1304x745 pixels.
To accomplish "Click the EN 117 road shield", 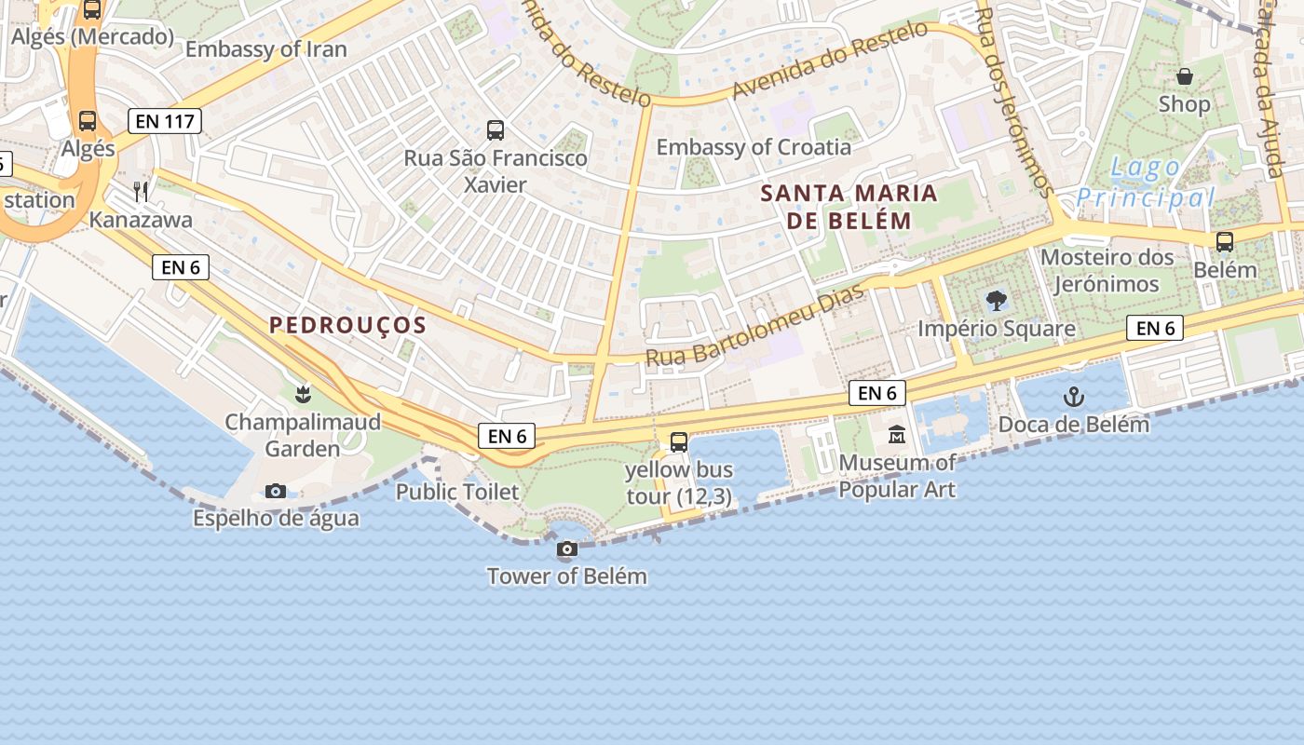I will pyautogui.click(x=165, y=121).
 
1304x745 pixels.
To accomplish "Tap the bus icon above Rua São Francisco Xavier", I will pyautogui.click(x=496, y=130).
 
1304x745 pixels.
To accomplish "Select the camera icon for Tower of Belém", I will pyautogui.click(x=566, y=549).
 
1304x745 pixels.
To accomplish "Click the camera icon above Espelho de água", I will pyautogui.click(x=276, y=491).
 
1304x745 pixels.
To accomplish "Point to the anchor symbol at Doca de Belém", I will pyautogui.click(x=1074, y=398).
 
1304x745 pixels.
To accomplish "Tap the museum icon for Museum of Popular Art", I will pyautogui.click(x=897, y=435).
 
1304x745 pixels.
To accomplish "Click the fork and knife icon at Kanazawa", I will pyautogui.click(x=141, y=192).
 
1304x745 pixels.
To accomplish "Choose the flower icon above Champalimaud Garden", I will pyautogui.click(x=302, y=395).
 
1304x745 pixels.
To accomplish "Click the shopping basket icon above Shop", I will pyautogui.click(x=1185, y=76).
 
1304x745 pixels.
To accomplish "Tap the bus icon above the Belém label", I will pyautogui.click(x=1225, y=242).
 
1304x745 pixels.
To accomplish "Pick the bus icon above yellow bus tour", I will pyautogui.click(x=679, y=442).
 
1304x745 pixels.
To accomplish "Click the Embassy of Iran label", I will pyautogui.click(x=266, y=49).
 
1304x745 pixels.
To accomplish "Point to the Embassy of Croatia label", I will pyautogui.click(x=754, y=147).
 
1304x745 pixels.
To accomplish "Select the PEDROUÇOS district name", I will pyautogui.click(x=347, y=326).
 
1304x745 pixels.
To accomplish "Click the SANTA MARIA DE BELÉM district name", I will pyautogui.click(x=849, y=207).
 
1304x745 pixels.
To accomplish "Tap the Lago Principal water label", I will pyautogui.click(x=1146, y=183).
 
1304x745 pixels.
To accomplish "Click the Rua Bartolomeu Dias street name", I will pyautogui.click(x=755, y=325).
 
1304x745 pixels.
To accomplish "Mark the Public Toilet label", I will pyautogui.click(x=457, y=492).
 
